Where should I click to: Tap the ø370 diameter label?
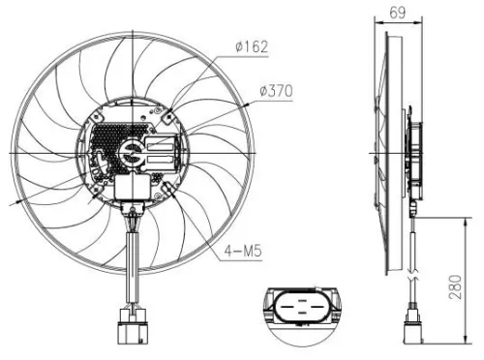pyautogui.click(x=276, y=92)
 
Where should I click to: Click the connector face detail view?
pyautogui.click(x=300, y=311)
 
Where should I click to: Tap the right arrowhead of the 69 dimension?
pyautogui.click(x=416, y=23)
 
